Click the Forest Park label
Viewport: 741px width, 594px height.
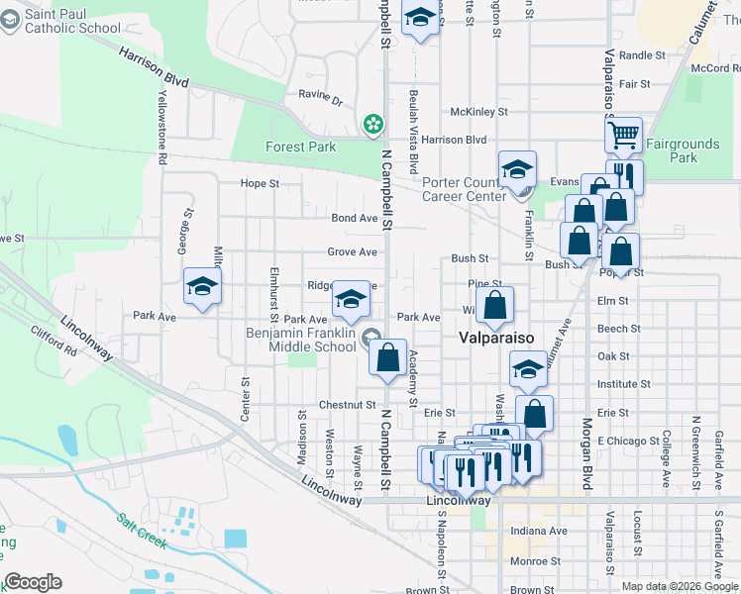(300, 148)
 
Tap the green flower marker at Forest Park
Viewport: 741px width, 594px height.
(372, 124)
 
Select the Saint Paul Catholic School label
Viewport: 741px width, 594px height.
(60, 21)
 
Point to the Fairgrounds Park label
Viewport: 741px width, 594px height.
(683, 150)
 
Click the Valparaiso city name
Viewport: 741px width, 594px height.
(496, 338)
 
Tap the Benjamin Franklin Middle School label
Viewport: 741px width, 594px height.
(301, 340)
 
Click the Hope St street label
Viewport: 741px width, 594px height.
(261, 183)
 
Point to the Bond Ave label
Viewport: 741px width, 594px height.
(354, 218)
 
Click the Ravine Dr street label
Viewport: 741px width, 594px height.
(320, 101)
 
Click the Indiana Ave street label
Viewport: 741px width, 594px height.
(539, 531)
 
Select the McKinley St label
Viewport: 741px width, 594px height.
(478, 113)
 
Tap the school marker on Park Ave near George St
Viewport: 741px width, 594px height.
(202, 287)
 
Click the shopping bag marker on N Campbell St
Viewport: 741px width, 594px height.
(388, 357)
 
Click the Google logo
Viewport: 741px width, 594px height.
(33, 582)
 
